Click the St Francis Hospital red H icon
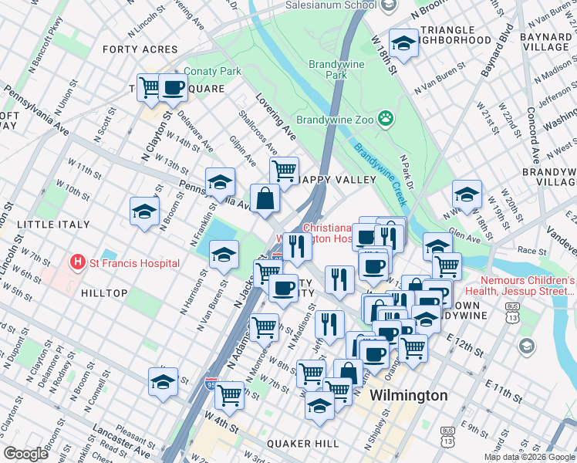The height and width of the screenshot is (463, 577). pyautogui.click(x=77, y=263)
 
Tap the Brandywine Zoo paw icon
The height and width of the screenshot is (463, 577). pyautogui.click(x=386, y=120)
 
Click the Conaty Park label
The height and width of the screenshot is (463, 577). pyautogui.click(x=213, y=72)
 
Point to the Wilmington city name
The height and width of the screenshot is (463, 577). pyautogui.click(x=408, y=395)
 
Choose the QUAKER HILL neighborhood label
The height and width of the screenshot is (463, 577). pyautogui.click(x=302, y=444)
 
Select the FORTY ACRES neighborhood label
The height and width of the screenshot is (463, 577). pyautogui.click(x=140, y=49)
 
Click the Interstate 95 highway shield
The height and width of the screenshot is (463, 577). pyautogui.click(x=211, y=382)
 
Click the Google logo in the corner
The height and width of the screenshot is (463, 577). pyautogui.click(x=26, y=454)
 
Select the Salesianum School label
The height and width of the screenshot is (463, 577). pyautogui.click(x=329, y=5)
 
